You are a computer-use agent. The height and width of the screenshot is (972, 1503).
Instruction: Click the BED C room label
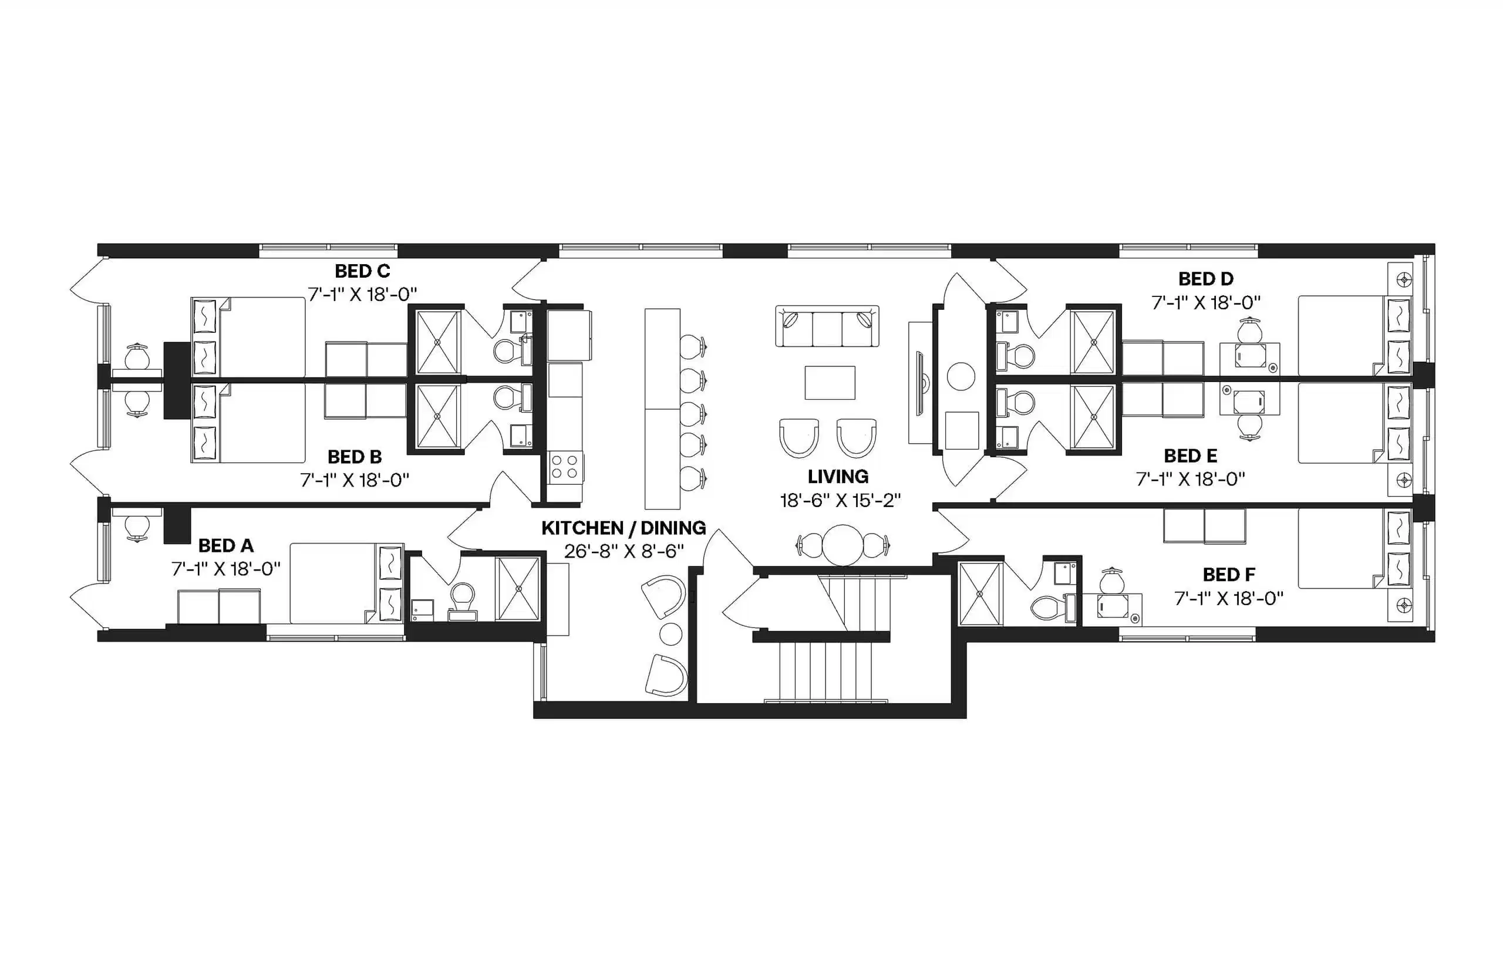coord(362,271)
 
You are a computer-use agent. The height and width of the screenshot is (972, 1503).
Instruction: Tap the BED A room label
coord(225,545)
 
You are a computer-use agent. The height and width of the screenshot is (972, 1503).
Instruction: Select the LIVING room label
coord(838,477)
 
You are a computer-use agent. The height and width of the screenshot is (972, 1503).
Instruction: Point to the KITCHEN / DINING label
coord(624,528)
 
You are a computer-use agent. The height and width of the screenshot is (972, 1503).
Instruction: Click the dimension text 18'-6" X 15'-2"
coord(840,501)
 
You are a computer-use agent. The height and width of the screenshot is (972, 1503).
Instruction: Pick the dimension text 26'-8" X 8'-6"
coord(624,552)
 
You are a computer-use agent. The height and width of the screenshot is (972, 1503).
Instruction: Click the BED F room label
coord(1228,575)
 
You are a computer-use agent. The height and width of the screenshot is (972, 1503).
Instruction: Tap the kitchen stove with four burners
coord(564,468)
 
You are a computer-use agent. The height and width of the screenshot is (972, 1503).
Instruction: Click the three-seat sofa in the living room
coord(827,326)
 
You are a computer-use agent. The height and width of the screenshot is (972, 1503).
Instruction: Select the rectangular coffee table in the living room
coord(830,383)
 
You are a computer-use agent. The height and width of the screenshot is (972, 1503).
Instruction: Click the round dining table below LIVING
coord(842,545)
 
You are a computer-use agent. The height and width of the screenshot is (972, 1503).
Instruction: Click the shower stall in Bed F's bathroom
coord(980,593)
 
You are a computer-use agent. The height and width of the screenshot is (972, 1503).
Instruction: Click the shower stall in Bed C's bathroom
coord(438,342)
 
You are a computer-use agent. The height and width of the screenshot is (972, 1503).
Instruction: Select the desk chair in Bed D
coord(1249,330)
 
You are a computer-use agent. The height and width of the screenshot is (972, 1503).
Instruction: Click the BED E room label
coord(1190,455)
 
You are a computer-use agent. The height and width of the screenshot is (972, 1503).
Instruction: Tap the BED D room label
coord(1205,278)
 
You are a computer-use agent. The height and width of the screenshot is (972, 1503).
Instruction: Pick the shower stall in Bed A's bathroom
coord(518,588)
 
